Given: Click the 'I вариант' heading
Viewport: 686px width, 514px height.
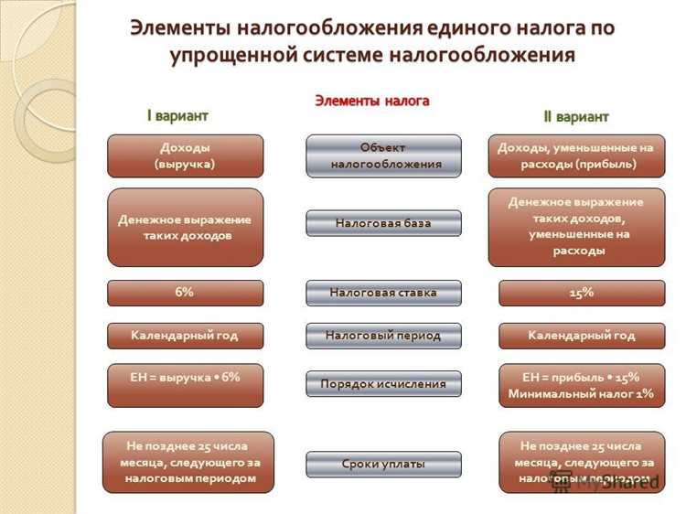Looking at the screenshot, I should tap(178, 115).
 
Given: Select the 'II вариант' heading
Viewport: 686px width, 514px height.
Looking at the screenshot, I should tap(576, 116).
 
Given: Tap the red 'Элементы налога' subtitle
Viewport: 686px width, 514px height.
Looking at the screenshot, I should tap(372, 101).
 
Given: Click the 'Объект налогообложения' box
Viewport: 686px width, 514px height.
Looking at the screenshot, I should tap(383, 155).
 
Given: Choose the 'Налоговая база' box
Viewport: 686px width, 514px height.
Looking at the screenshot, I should tap(383, 222).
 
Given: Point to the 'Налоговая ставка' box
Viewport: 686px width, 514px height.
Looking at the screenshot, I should tap(383, 293).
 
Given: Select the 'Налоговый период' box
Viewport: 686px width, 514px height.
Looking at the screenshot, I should tap(383, 336).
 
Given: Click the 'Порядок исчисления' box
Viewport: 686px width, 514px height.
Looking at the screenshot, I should tap(383, 384).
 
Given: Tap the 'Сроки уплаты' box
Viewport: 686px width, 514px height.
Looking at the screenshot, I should tap(383, 464).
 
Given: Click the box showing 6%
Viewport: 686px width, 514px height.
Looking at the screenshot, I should tap(185, 293).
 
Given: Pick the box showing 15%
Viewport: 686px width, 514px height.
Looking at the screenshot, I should tap(582, 293).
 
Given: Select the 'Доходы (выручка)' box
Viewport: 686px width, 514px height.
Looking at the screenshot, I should tap(185, 155).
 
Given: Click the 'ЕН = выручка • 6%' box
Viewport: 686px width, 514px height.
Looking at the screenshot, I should tap(185, 384).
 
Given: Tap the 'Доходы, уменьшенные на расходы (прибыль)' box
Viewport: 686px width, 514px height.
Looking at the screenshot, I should tap(576, 155).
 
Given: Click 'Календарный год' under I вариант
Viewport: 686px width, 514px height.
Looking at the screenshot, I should tap(185, 336).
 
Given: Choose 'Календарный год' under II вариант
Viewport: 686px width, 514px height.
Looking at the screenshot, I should tap(582, 336).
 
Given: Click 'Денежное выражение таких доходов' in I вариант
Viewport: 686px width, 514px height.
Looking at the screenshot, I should tap(185, 227).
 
